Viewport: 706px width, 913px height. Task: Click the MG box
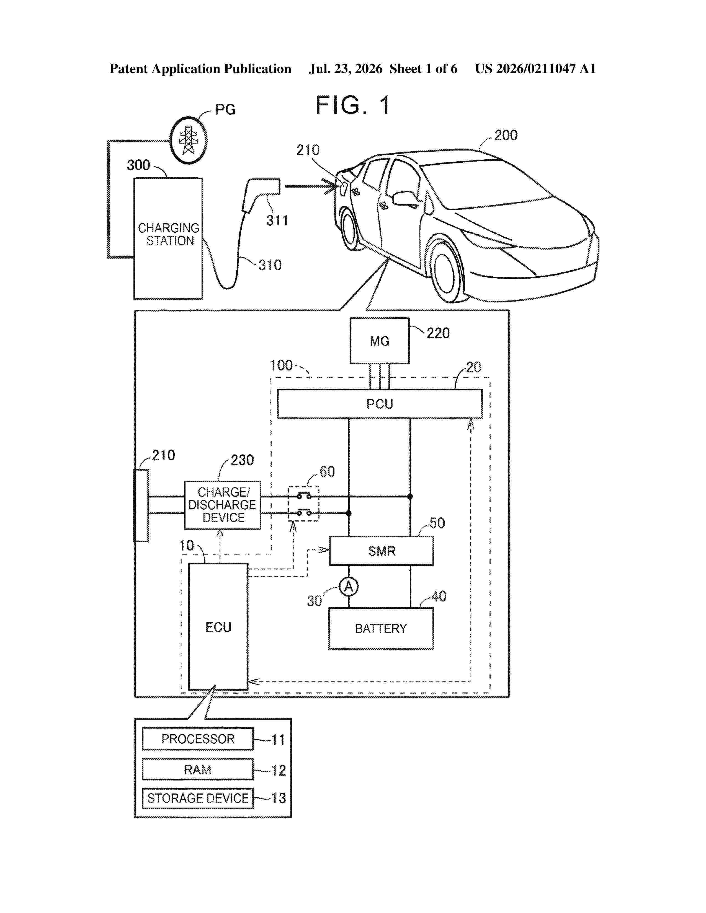pyautogui.click(x=379, y=341)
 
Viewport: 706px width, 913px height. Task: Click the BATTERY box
pyautogui.click(x=381, y=628)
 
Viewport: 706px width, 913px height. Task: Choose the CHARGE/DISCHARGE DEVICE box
pyautogui.click(x=223, y=505)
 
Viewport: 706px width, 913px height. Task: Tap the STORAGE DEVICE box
pyautogui.click(x=198, y=798)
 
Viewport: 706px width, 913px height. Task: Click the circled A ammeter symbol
pyautogui.click(x=348, y=587)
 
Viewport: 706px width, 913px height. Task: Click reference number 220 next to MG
pyautogui.click(x=438, y=333)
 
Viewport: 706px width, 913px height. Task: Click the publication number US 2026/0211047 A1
pyautogui.click(x=535, y=69)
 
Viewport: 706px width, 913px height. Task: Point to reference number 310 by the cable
pyautogui.click(x=270, y=265)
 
